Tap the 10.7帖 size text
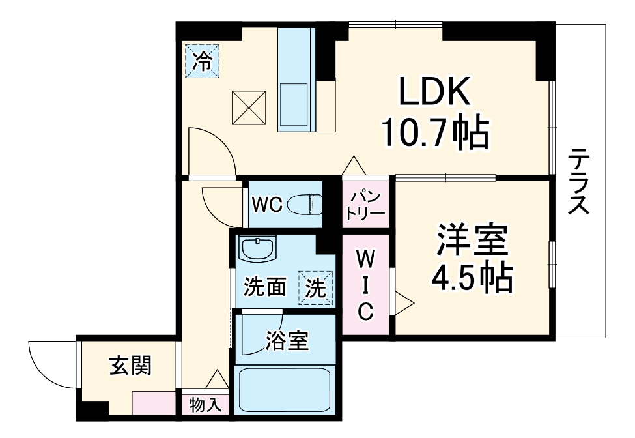tap(434, 134)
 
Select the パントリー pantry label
tap(365, 204)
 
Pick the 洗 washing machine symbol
tap(316, 287)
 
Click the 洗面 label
tap(265, 287)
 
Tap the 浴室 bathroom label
tap(287, 341)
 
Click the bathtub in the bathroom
tap(285, 389)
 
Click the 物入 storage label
tap(205, 404)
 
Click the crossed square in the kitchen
tap(250, 108)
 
